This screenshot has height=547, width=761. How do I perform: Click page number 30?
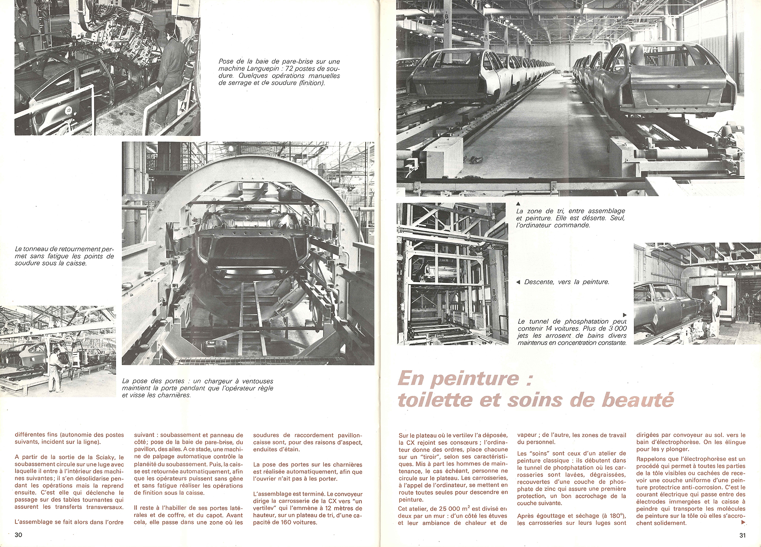click(x=18, y=535)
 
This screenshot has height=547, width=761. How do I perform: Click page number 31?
click(x=742, y=535)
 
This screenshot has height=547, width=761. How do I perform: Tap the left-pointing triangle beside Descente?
click(x=517, y=282)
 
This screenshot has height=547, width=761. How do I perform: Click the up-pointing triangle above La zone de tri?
click(x=518, y=204)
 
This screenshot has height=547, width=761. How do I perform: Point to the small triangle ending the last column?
click(x=744, y=523)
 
